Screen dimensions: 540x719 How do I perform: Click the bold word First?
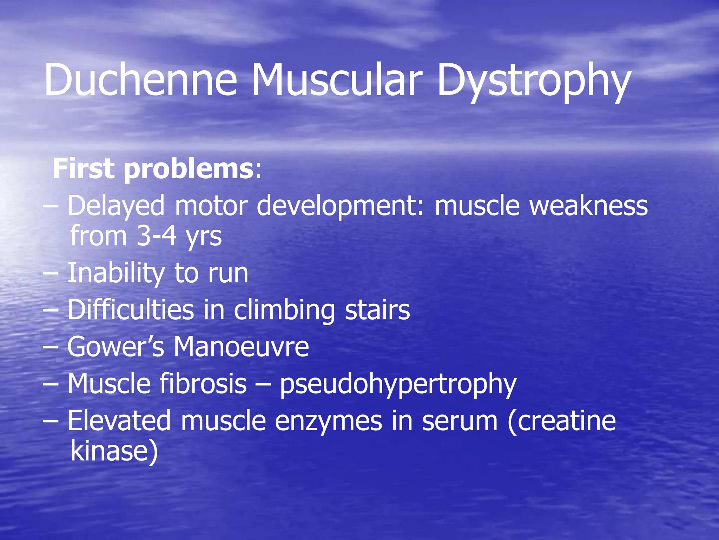click(x=84, y=169)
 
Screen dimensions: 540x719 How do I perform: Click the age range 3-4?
click(x=156, y=236)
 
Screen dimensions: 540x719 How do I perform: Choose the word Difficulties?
click(x=131, y=310)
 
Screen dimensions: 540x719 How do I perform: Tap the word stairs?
click(x=377, y=310)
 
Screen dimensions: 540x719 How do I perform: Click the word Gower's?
click(x=116, y=347)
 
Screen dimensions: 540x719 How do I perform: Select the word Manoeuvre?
click(x=241, y=347)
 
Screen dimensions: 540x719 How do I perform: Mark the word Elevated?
click(x=119, y=420)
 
